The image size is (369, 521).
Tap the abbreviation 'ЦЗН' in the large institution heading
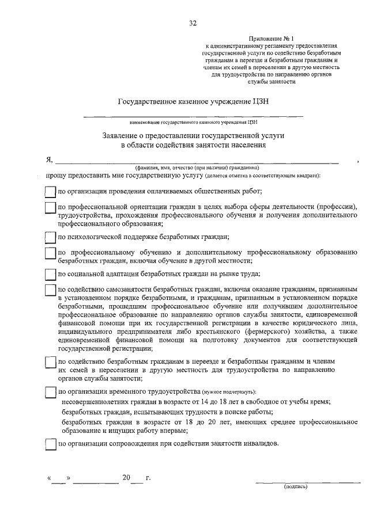click(258, 102)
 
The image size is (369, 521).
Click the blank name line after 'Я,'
click(196, 162)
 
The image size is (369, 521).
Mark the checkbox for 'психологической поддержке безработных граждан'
click(50, 236)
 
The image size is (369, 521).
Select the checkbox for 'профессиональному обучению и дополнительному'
click(50, 253)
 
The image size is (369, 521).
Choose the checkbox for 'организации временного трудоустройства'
click(50, 393)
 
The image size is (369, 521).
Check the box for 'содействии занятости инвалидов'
click(50, 444)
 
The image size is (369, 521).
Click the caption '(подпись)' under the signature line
click(296, 486)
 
